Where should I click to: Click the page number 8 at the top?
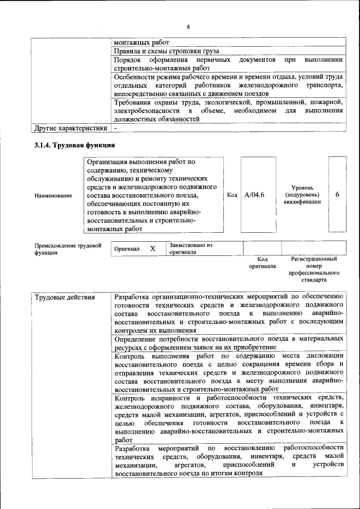188,27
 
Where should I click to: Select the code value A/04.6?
255,195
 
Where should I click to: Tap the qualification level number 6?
337,195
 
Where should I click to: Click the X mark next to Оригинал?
152,248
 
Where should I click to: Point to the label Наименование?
53,195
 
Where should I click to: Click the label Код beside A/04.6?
232,195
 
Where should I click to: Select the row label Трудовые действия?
64,297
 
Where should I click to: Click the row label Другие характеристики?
70,128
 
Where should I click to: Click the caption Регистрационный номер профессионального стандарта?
313,269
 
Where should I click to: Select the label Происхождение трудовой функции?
67,249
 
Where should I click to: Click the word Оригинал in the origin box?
127,249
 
